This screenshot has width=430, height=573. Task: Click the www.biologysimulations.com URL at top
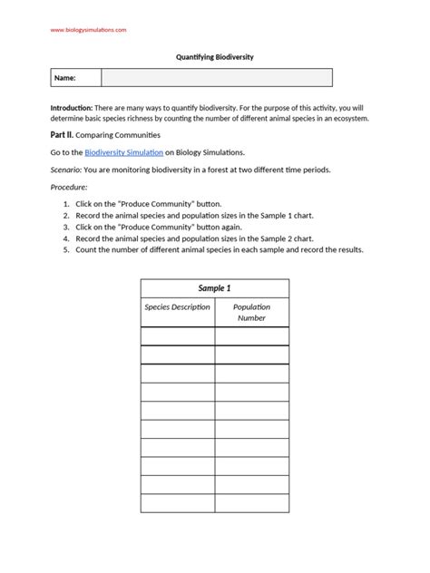tap(88, 30)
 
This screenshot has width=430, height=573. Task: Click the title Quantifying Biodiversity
tap(214, 56)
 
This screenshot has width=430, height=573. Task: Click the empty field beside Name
tap(216, 79)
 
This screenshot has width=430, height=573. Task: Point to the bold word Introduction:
tap(75, 108)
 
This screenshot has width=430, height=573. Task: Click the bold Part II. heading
tap(63, 135)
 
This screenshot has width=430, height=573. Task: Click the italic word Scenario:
tap(66, 170)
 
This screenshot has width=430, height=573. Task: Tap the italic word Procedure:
tap(69, 188)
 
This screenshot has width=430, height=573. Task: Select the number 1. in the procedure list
tap(66, 205)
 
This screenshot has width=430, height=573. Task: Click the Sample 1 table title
tap(214, 288)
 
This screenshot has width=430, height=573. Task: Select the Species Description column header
tap(177, 307)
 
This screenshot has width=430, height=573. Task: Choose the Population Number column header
tap(251, 313)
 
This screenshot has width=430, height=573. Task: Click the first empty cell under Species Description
tap(177, 336)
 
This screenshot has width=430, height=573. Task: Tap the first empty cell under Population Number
tap(251, 336)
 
